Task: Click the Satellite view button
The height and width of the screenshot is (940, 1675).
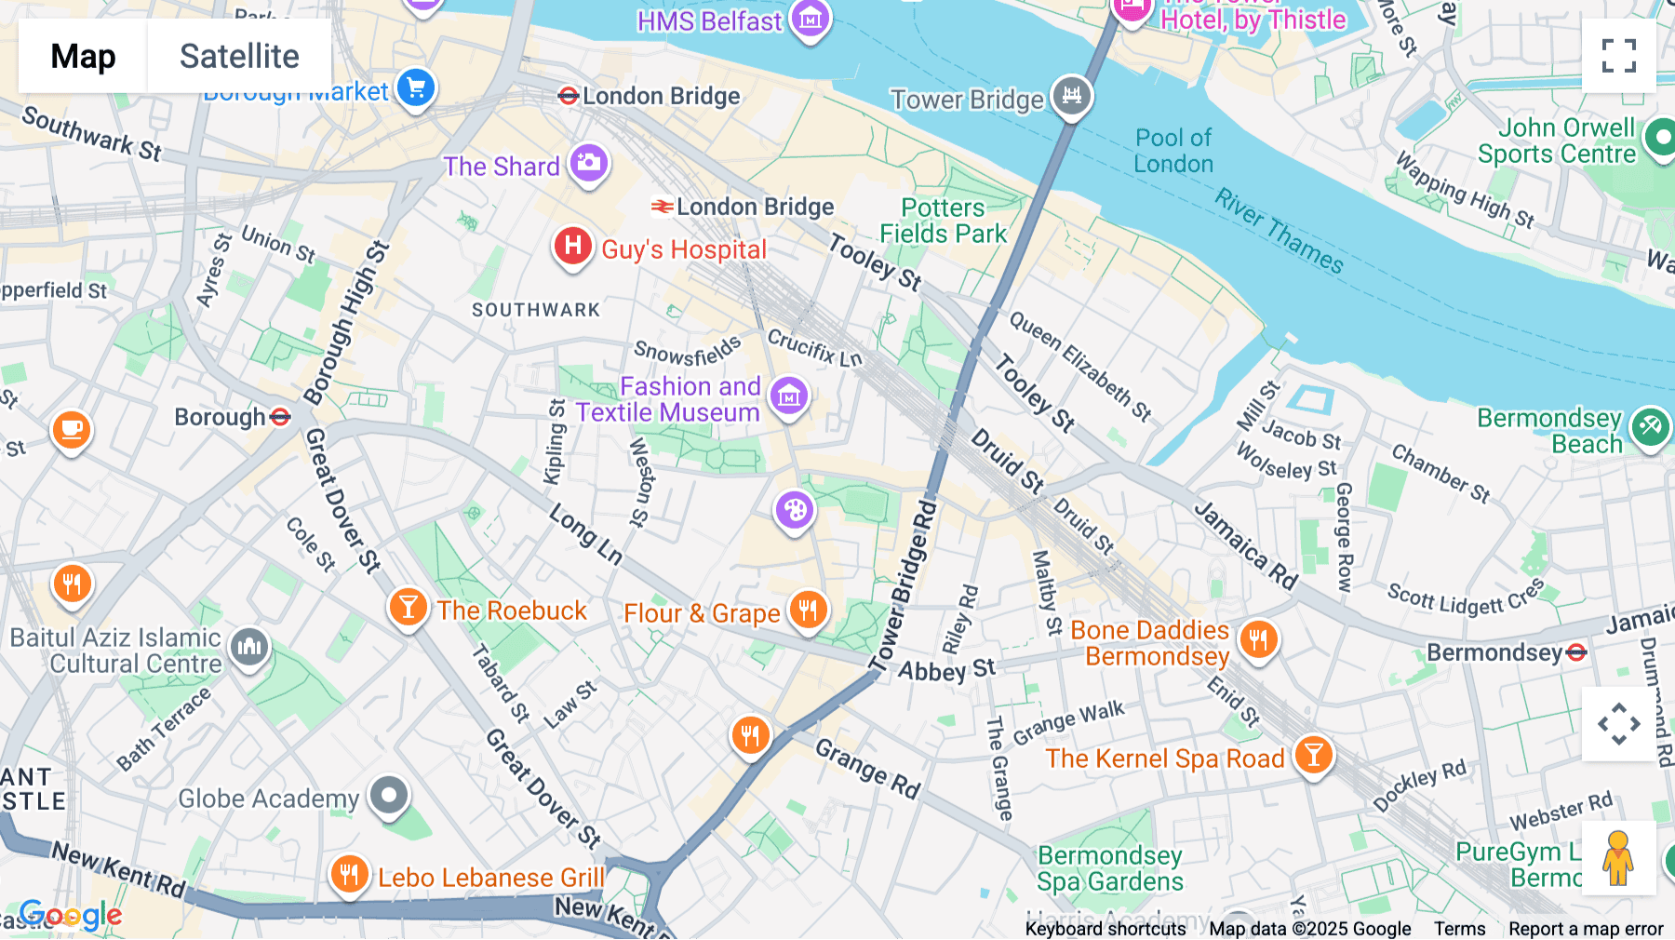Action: pos(239,56)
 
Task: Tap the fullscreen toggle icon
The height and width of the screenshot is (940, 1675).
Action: pos(1618,56)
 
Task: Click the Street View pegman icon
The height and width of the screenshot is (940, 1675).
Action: pos(1618,858)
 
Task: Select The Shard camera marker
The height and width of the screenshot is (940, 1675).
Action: pos(588,163)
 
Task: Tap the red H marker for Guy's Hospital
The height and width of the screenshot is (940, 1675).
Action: pos(573,247)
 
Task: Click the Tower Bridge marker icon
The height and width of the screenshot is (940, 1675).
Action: pos(1071,95)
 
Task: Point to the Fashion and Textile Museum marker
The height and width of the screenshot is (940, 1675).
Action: pos(789,396)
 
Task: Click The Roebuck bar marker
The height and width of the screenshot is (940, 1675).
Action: pos(407,607)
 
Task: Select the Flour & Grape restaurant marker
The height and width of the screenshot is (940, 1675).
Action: pos(808,610)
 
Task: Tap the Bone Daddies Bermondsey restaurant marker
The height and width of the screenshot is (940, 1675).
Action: pos(1258,639)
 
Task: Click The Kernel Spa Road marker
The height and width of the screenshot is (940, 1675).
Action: pos(1313,755)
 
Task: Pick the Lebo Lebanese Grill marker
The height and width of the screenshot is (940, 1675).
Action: pos(349,874)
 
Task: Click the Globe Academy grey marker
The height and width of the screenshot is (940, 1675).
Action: pos(389,795)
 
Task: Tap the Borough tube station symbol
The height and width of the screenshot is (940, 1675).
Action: pos(280,417)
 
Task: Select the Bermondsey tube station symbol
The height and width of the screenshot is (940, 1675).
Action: pos(1576,652)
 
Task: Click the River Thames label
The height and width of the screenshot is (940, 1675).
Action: pos(1280,230)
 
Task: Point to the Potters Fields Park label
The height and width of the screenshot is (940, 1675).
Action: pos(944,221)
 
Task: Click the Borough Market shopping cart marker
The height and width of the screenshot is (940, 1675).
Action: pos(416,88)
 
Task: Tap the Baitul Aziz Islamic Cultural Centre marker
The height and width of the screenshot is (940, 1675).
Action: pos(249,645)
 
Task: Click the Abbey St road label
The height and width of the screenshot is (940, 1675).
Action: pos(946,670)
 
